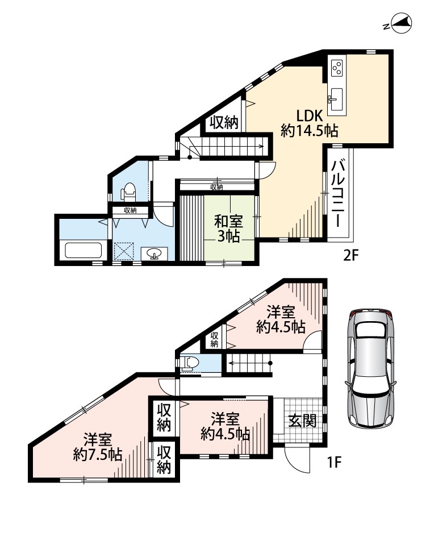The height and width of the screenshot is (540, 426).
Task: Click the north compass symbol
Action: click(400, 24)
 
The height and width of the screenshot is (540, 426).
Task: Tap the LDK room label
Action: click(310, 115)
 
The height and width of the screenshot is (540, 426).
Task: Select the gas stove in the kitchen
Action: click(336, 68)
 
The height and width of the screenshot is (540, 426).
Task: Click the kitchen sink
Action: click(336, 95)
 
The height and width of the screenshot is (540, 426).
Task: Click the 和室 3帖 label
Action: click(228, 229)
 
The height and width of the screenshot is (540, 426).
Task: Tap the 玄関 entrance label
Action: click(303, 420)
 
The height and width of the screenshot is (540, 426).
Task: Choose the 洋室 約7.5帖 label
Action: click(98, 447)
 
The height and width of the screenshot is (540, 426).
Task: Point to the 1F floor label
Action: click(333, 462)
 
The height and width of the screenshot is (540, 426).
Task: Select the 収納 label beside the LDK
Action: click(224, 122)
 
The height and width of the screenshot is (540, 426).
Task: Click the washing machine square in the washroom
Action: click(123, 251)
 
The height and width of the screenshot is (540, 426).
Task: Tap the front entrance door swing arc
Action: click(296, 461)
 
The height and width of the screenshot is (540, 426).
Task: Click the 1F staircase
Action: click(249, 363)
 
